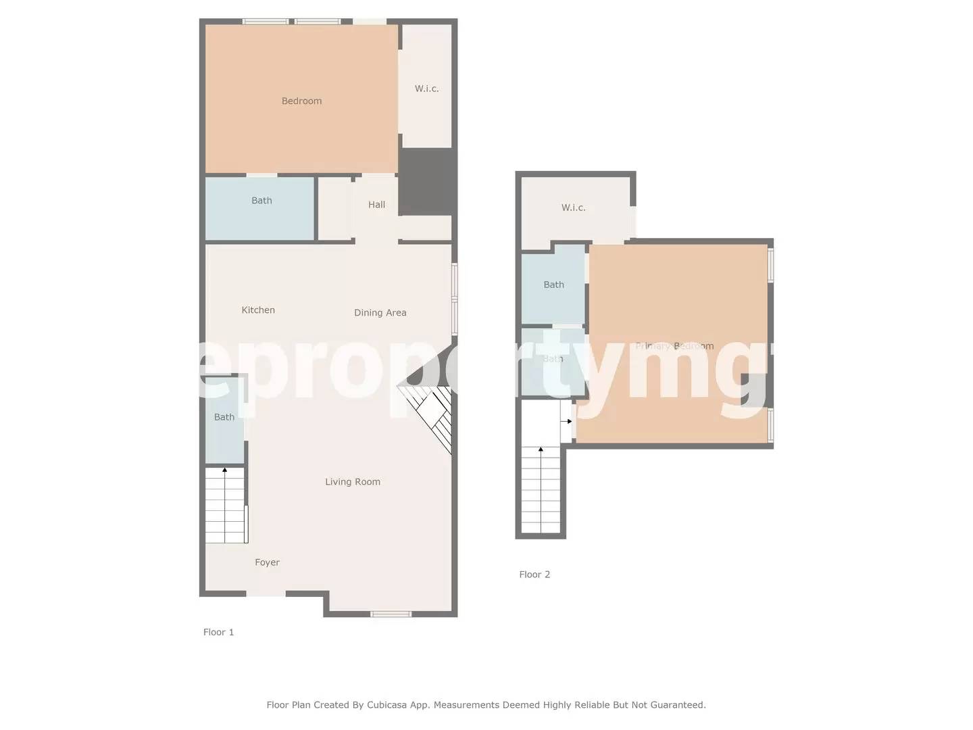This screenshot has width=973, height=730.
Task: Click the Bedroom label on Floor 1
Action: pos(301,101)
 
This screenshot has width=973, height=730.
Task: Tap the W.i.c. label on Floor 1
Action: pos(426,89)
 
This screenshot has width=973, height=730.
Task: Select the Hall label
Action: pos(376,205)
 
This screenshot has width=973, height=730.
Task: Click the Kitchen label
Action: pos(258,310)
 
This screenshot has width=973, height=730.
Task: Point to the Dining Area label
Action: pos(380,313)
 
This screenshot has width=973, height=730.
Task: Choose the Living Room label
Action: pos(352,482)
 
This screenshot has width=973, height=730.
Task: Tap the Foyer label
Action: pos(267,562)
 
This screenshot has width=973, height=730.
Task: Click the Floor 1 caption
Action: pos(218,633)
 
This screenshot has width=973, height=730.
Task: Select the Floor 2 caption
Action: pos(534,575)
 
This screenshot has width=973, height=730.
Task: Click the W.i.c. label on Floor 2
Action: pos(573,208)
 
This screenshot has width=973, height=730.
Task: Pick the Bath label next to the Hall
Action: pos(261,201)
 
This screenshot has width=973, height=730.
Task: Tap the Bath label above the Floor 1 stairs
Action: pos(224,417)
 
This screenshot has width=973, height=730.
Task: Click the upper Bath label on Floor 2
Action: pos(553,285)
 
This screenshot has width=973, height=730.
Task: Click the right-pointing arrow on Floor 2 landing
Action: pos(566,421)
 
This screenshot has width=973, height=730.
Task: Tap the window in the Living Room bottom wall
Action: pos(391,614)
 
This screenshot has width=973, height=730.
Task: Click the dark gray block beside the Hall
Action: pos(425,181)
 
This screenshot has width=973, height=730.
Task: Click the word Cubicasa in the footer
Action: pos(390,705)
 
